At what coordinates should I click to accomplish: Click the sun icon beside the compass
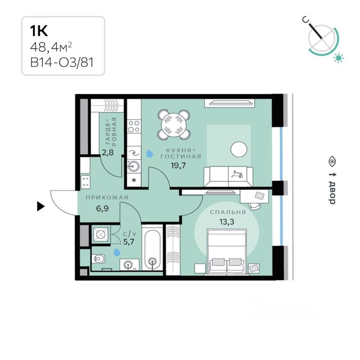pyautogui.click(x=338, y=58)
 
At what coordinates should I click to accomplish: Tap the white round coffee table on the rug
pyautogui.click(x=239, y=149)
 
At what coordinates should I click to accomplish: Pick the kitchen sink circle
pyautogui.click(x=133, y=166)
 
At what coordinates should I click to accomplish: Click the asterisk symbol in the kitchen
pyautogui.click(x=133, y=180)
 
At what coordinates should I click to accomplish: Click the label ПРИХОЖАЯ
pyautogui.click(x=107, y=198)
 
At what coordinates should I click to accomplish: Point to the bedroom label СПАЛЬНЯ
pyautogui.click(x=228, y=212)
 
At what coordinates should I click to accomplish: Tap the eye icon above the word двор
pyautogui.click(x=332, y=161)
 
